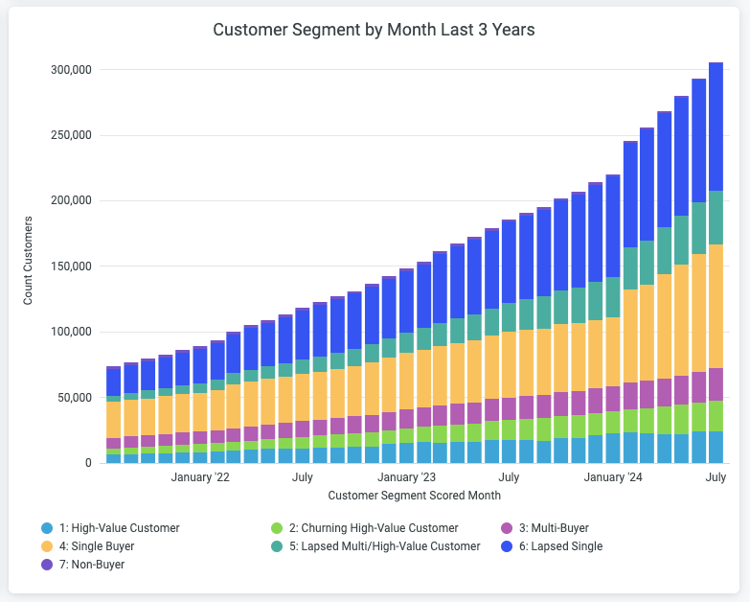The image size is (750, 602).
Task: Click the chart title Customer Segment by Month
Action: pyautogui.click(x=374, y=30)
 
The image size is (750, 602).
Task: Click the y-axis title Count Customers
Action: pyautogui.click(x=28, y=261)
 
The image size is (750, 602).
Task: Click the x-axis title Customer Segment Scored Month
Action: pyautogui.click(x=414, y=496)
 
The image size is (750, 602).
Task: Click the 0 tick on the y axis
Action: pyautogui.click(x=87, y=463)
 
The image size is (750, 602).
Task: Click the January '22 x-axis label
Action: pyautogui.click(x=200, y=476)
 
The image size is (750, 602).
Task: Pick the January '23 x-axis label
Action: pyautogui.click(x=407, y=476)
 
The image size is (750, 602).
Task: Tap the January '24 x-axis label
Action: pyautogui.click(x=613, y=476)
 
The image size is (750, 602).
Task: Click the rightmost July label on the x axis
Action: pyautogui.click(x=716, y=476)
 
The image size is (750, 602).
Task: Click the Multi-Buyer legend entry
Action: pyautogui.click(x=556, y=528)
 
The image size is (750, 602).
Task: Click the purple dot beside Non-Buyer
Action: pyautogui.click(x=47, y=565)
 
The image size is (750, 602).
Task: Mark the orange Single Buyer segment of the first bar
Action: pyautogui.click(x=113, y=419)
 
